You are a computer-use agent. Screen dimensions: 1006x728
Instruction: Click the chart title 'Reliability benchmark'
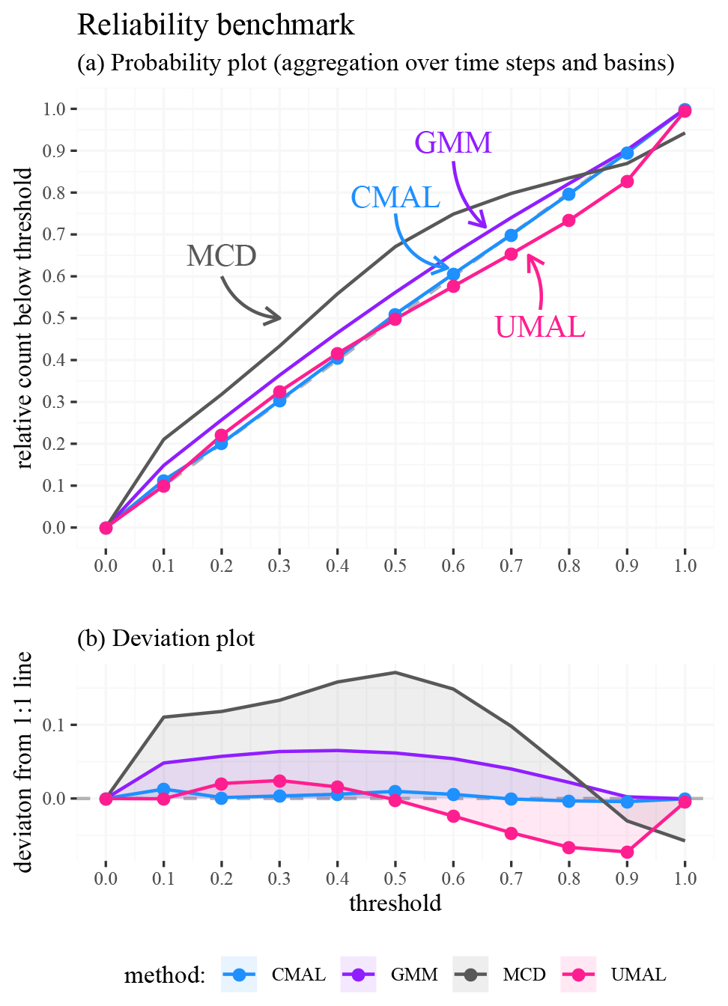coord(216,25)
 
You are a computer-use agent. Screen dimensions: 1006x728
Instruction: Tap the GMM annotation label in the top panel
coord(453,142)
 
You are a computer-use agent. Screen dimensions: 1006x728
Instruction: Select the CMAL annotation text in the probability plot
coord(395,198)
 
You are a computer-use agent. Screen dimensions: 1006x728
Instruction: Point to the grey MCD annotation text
coord(222,256)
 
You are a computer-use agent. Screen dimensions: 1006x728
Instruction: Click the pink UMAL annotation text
coord(540,327)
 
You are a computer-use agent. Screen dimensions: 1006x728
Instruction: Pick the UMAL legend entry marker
coord(578,975)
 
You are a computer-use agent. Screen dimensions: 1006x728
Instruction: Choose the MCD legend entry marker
coord(470,975)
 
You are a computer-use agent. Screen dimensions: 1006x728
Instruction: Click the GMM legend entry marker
coord(358,975)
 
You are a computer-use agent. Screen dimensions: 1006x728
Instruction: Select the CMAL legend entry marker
coord(240,975)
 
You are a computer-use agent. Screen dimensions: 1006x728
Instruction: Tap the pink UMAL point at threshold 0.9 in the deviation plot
coord(627,852)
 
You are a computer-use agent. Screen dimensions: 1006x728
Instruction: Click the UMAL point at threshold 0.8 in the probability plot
coord(569,221)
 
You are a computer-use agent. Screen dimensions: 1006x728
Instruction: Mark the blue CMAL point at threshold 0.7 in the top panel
coord(511,236)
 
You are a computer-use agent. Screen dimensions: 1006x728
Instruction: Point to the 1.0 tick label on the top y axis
coord(55,109)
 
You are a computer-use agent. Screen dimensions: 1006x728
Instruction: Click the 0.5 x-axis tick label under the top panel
coord(395,565)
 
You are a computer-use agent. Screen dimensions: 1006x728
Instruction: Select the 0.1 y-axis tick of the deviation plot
coord(55,725)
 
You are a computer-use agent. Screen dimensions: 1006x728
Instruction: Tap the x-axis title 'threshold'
coord(395,903)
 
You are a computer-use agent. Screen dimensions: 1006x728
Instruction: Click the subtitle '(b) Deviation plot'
coord(166,638)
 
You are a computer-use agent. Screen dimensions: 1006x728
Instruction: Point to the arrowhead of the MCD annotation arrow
coord(278,317)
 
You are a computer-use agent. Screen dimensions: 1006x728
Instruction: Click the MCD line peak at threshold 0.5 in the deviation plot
coord(395,672)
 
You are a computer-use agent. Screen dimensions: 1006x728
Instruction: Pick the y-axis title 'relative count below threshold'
coord(24,318)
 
